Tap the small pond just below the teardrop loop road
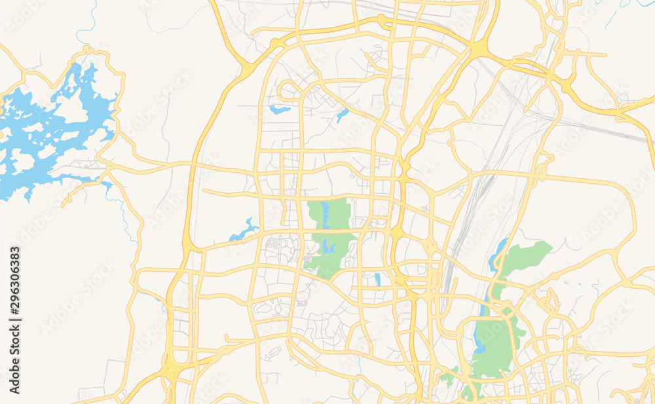tap(280, 109)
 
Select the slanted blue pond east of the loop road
tap(342, 115)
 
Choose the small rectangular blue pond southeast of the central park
tap(377, 280)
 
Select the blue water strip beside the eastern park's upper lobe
tap(498, 252)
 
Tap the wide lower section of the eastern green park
tap(496, 340)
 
